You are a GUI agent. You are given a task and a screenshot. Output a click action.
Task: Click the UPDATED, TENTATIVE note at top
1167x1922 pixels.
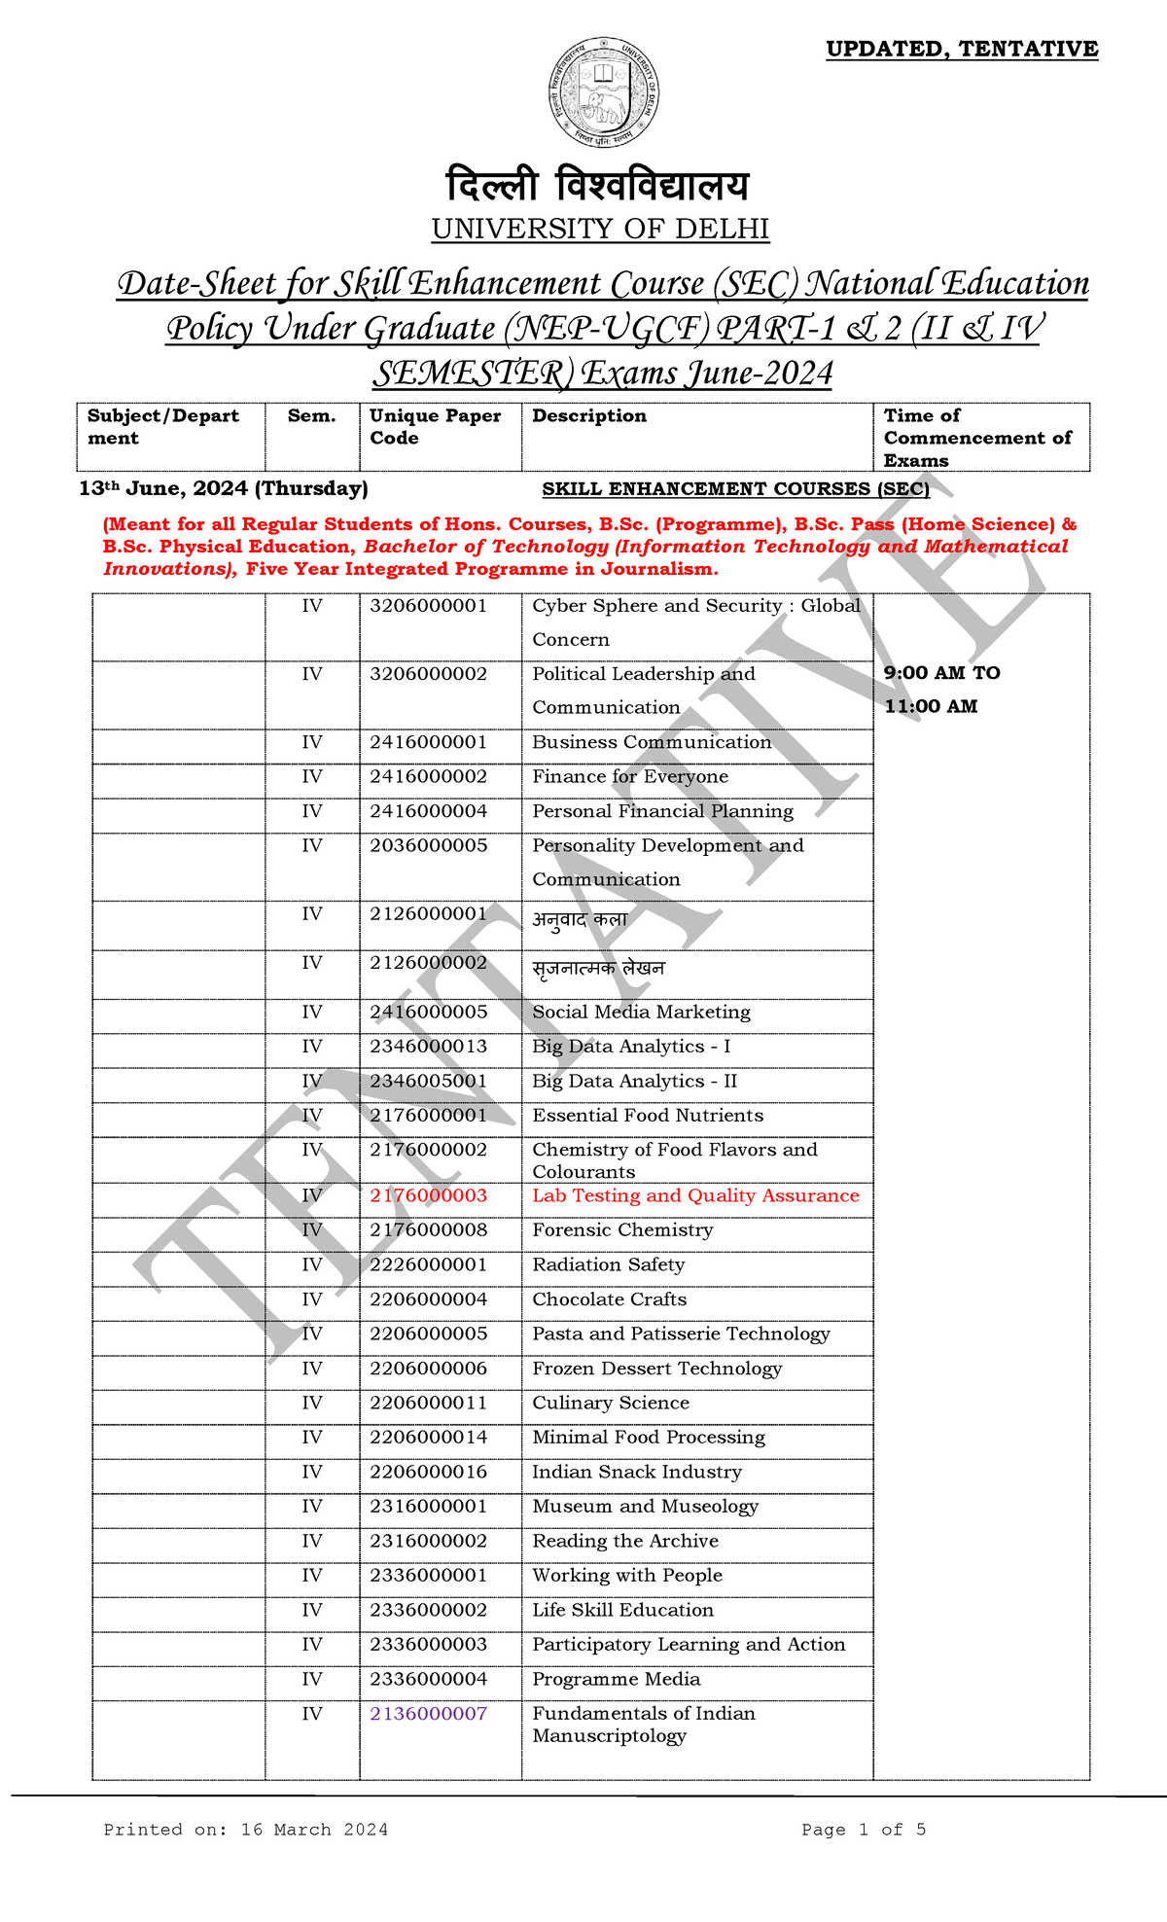pos(961,49)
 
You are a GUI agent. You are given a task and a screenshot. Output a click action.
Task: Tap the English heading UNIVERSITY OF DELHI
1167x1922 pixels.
pos(600,230)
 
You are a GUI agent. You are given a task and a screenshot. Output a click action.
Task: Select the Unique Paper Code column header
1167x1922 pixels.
pos(435,426)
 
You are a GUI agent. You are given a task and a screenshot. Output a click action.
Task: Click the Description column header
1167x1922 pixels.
pos(588,415)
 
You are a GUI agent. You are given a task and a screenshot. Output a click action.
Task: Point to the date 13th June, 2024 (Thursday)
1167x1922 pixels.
pos(223,488)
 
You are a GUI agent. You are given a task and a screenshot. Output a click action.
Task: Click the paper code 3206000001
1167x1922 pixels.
pos(428,606)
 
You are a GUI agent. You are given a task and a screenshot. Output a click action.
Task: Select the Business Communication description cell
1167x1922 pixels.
pos(651,742)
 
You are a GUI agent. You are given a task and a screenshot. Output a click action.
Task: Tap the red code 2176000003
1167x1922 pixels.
pos(428,1195)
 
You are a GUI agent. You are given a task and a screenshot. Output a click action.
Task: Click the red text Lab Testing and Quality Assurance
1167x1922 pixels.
pos(694,1195)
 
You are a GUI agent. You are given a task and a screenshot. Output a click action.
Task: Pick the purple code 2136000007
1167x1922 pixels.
pos(428,1713)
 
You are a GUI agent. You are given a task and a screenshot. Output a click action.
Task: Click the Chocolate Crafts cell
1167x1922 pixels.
pos(609,1299)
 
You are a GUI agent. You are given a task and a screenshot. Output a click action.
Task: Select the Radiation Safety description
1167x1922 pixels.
pos(608,1264)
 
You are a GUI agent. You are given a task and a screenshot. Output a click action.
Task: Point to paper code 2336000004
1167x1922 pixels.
pos(428,1679)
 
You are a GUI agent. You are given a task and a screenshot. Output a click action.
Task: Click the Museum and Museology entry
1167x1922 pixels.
pos(645,1506)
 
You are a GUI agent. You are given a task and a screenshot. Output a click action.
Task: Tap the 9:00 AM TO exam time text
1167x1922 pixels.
pos(941,673)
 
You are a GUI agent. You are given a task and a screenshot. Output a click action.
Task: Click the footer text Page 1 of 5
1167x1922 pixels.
pos(863,1830)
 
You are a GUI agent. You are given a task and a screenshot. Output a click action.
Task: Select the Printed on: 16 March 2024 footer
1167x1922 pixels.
pos(245,1830)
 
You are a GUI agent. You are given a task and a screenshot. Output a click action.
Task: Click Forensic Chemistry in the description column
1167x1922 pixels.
pos(622,1230)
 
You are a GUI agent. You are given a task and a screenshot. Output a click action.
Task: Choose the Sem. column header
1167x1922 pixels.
pos(311,415)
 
